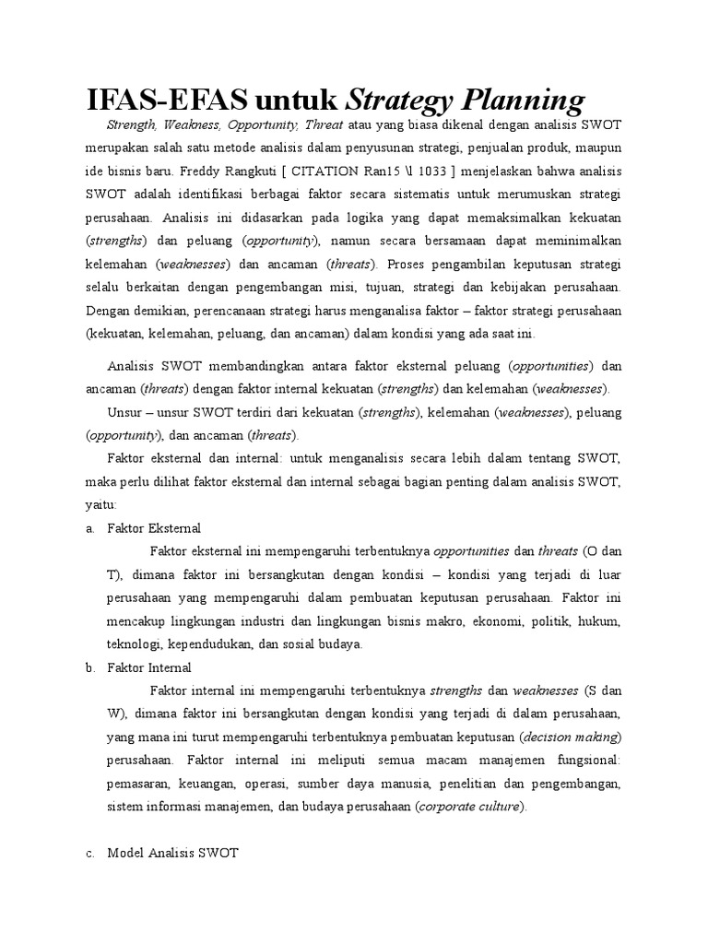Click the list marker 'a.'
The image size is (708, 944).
coord(89,528)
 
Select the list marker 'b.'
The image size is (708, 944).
coord(89,667)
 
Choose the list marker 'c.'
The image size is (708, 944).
coord(89,853)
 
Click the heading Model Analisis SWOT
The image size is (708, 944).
coord(172,853)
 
